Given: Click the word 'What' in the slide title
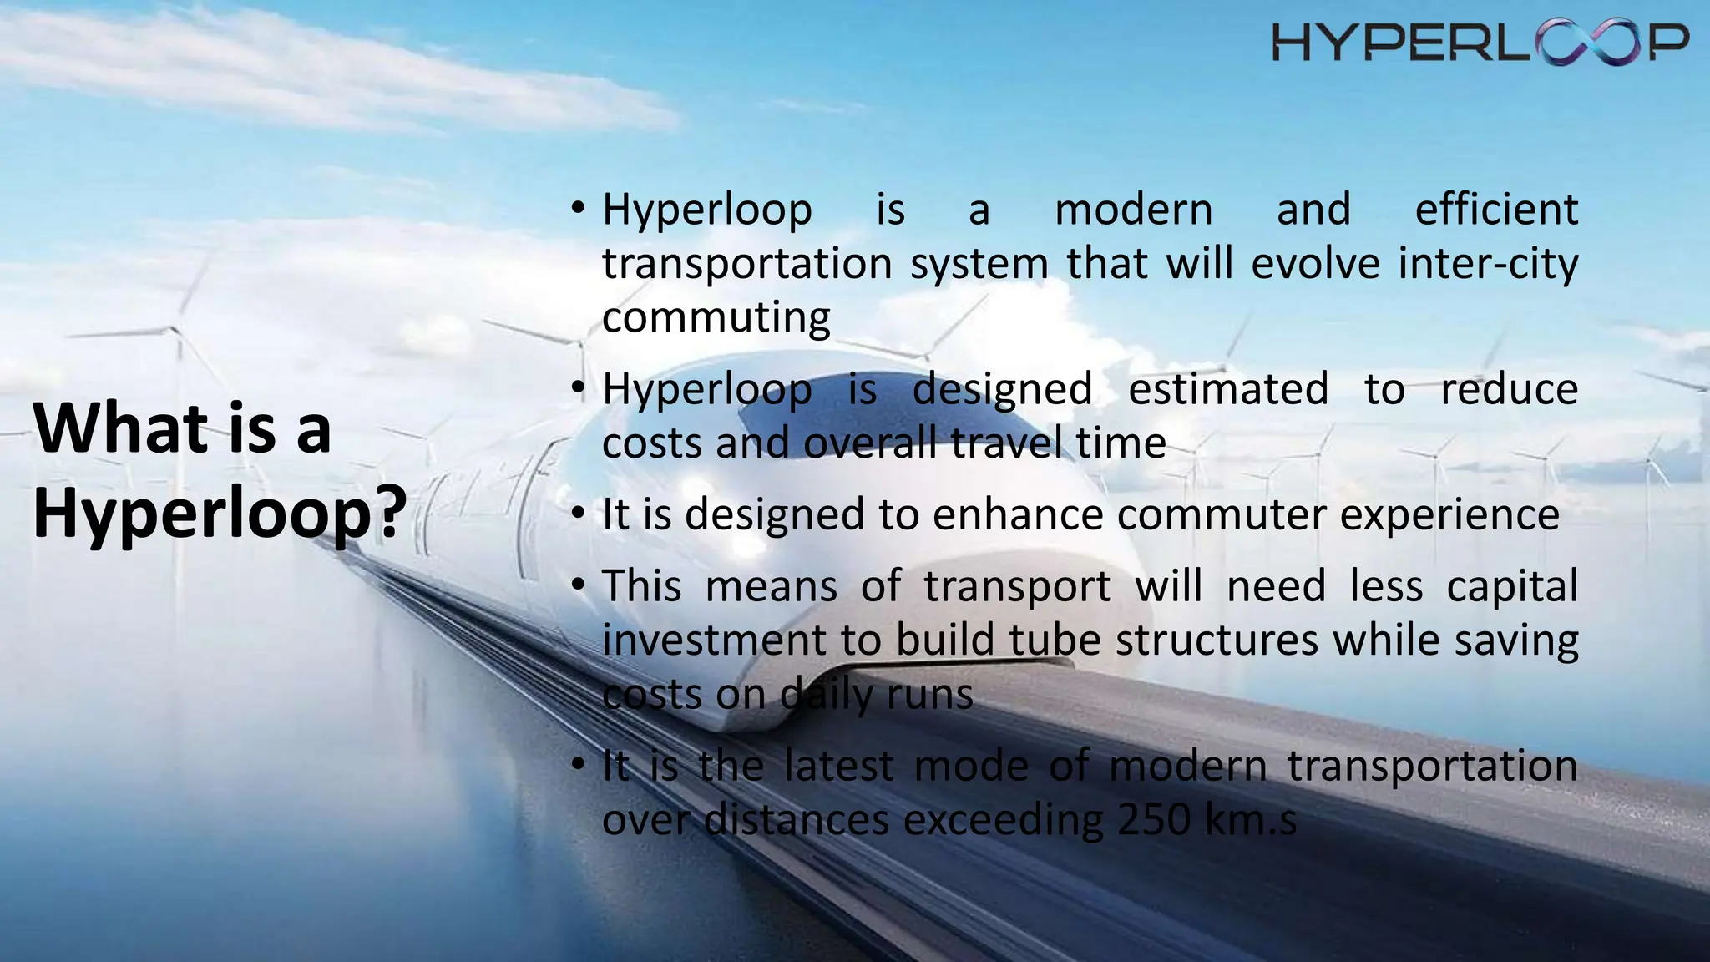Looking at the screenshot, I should point(120,428).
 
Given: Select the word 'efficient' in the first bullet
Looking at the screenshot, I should point(1496,209).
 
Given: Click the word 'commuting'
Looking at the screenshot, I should point(716,318).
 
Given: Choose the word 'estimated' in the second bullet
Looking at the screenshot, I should point(1227,389).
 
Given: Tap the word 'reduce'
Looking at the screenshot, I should point(1509,389).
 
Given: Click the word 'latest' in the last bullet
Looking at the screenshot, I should point(838,766).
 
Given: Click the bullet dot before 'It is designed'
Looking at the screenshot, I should point(578,513).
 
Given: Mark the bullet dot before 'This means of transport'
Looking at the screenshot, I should point(578,585).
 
